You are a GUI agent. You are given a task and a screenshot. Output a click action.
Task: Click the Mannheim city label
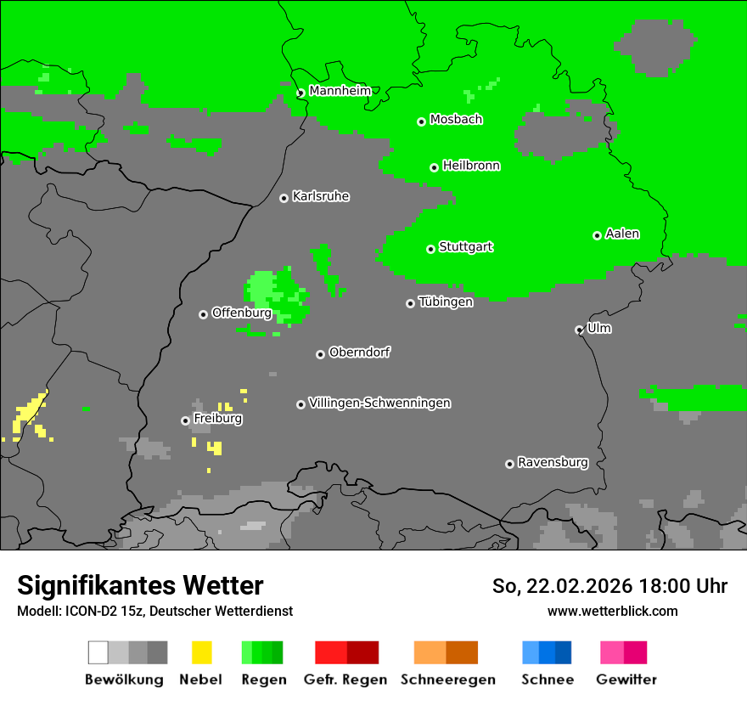(341, 91)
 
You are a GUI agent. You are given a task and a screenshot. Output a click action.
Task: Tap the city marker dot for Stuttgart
(431, 249)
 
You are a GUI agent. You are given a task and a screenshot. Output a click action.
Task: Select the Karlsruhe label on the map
(321, 196)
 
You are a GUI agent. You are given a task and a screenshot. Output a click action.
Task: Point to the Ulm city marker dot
(579, 330)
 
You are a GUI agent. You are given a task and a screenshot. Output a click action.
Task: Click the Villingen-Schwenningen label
(379, 403)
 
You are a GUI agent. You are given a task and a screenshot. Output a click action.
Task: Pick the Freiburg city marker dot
(185, 420)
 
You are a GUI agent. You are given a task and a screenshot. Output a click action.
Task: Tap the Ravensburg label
(553, 462)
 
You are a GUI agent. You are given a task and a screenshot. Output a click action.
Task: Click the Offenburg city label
(242, 313)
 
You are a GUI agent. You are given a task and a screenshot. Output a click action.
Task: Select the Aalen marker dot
(597, 235)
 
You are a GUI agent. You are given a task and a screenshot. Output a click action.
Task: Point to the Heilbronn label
(471, 166)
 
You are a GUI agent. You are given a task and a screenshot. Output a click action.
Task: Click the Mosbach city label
(456, 120)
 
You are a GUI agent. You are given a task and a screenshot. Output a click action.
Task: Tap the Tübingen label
(446, 302)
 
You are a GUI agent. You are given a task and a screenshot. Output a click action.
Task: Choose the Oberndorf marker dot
(320, 354)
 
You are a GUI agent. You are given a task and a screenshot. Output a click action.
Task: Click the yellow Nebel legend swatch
(201, 652)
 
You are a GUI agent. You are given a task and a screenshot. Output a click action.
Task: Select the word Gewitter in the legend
(626, 680)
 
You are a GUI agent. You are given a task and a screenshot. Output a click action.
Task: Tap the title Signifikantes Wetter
(140, 585)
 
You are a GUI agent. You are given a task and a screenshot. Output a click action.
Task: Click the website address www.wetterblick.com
(612, 611)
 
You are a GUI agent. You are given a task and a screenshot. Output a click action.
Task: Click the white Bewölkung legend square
(98, 652)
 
